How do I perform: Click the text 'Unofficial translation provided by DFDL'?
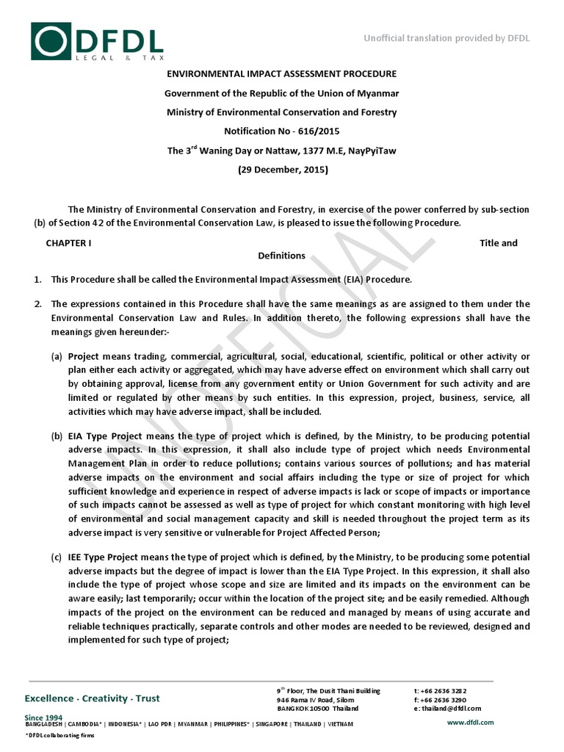point(446,38)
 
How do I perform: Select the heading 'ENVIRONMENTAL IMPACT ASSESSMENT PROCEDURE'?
point(281,74)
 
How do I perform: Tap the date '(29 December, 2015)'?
point(282,170)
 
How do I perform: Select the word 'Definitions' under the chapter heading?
point(281,256)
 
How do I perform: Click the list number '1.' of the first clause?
point(37,280)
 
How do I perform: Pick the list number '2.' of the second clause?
point(37,304)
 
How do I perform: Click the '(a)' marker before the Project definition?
point(57,356)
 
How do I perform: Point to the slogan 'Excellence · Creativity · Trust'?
point(92,698)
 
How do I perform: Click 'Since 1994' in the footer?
point(43,717)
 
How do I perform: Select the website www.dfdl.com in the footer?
point(470,723)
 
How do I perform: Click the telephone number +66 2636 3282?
point(444,691)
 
